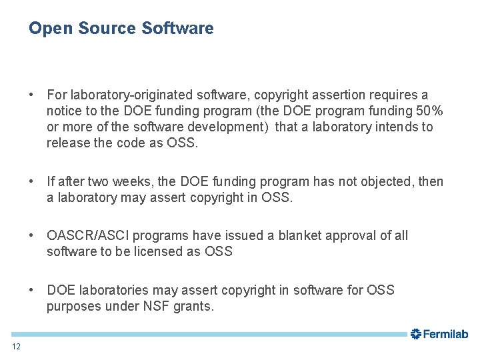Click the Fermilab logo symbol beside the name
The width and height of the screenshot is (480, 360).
click(x=415, y=334)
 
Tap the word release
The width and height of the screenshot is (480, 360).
click(x=67, y=143)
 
